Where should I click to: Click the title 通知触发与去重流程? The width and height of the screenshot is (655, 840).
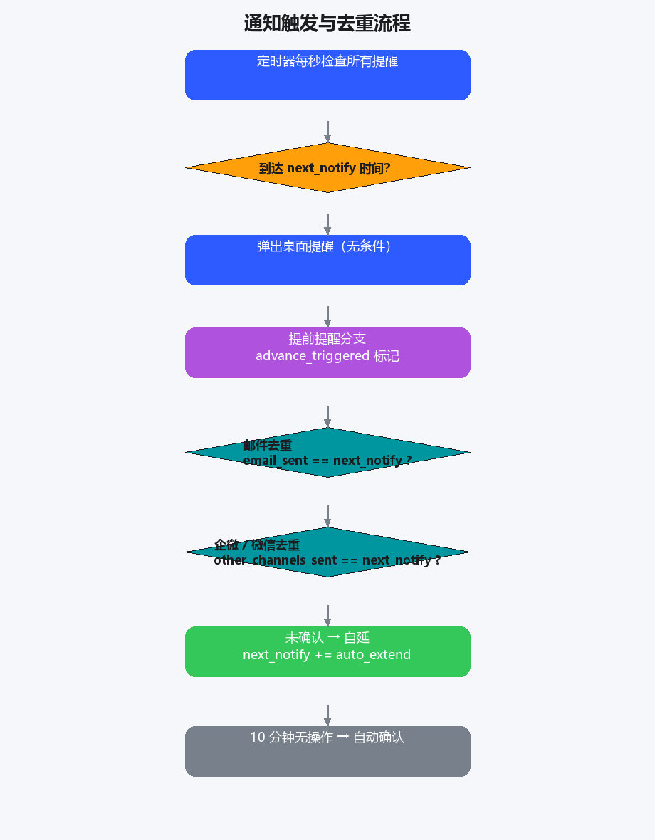point(327,23)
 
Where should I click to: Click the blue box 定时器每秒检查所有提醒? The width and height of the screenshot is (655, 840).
point(327,75)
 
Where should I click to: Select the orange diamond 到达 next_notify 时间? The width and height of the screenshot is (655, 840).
point(327,168)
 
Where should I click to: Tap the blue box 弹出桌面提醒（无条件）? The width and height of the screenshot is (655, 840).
point(327,260)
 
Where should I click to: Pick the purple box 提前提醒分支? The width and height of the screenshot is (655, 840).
point(327,352)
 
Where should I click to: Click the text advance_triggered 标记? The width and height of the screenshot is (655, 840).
point(327,356)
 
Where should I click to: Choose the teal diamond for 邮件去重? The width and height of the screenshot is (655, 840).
point(327,452)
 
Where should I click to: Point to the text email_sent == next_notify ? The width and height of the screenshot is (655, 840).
point(327,461)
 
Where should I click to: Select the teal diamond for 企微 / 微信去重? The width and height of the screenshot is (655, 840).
point(327,552)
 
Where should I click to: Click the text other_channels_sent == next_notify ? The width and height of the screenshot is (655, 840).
point(327,560)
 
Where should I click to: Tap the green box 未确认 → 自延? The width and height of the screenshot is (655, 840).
point(327,651)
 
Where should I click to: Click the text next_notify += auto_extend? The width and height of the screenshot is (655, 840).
point(327,655)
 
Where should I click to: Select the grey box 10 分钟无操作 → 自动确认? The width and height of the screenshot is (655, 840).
point(327,751)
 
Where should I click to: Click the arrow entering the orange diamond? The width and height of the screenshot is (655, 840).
point(327,132)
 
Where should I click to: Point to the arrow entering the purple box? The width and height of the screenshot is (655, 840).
point(327,317)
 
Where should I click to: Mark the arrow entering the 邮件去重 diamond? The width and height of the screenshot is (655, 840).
point(327,416)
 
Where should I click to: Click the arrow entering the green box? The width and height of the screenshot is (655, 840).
point(327,616)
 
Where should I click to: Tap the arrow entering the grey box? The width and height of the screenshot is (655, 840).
point(327,715)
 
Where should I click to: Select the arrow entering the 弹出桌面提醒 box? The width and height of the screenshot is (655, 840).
point(327,224)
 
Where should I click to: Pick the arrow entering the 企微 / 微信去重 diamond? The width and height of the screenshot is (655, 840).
point(327,516)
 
